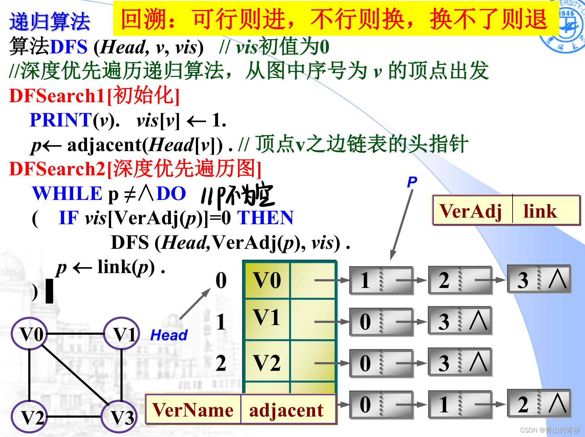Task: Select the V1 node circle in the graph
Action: coord(122,334)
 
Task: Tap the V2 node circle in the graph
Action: coord(29,417)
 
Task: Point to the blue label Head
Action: coord(169,335)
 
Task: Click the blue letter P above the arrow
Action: coord(412,182)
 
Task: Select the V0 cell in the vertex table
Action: coord(267,280)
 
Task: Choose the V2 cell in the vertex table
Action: coord(267,363)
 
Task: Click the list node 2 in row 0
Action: coord(460,280)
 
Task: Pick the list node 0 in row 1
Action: coord(381,322)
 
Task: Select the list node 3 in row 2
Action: coord(460,363)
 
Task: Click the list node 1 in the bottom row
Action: coord(460,404)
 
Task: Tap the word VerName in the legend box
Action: coord(192,410)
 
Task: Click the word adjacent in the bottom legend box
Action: coord(286,410)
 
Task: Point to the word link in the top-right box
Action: coord(540,211)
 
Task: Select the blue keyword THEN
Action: coord(265,218)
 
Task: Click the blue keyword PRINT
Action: coord(61,120)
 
